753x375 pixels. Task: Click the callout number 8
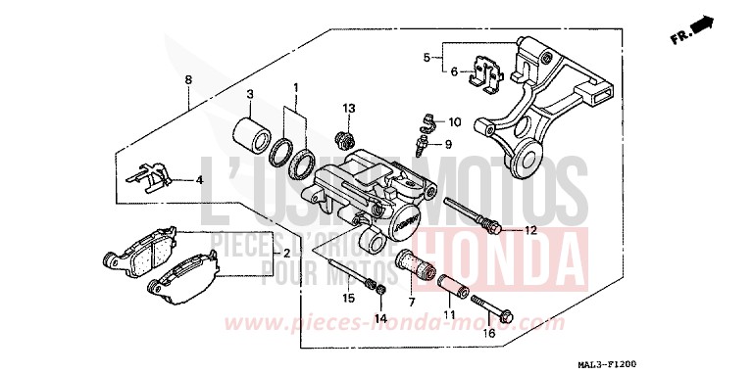pyautogui.click(x=188, y=79)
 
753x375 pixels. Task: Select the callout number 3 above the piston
pyautogui.click(x=250, y=95)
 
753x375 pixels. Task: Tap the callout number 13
pyautogui.click(x=347, y=107)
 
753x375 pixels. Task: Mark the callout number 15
pyautogui.click(x=347, y=297)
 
